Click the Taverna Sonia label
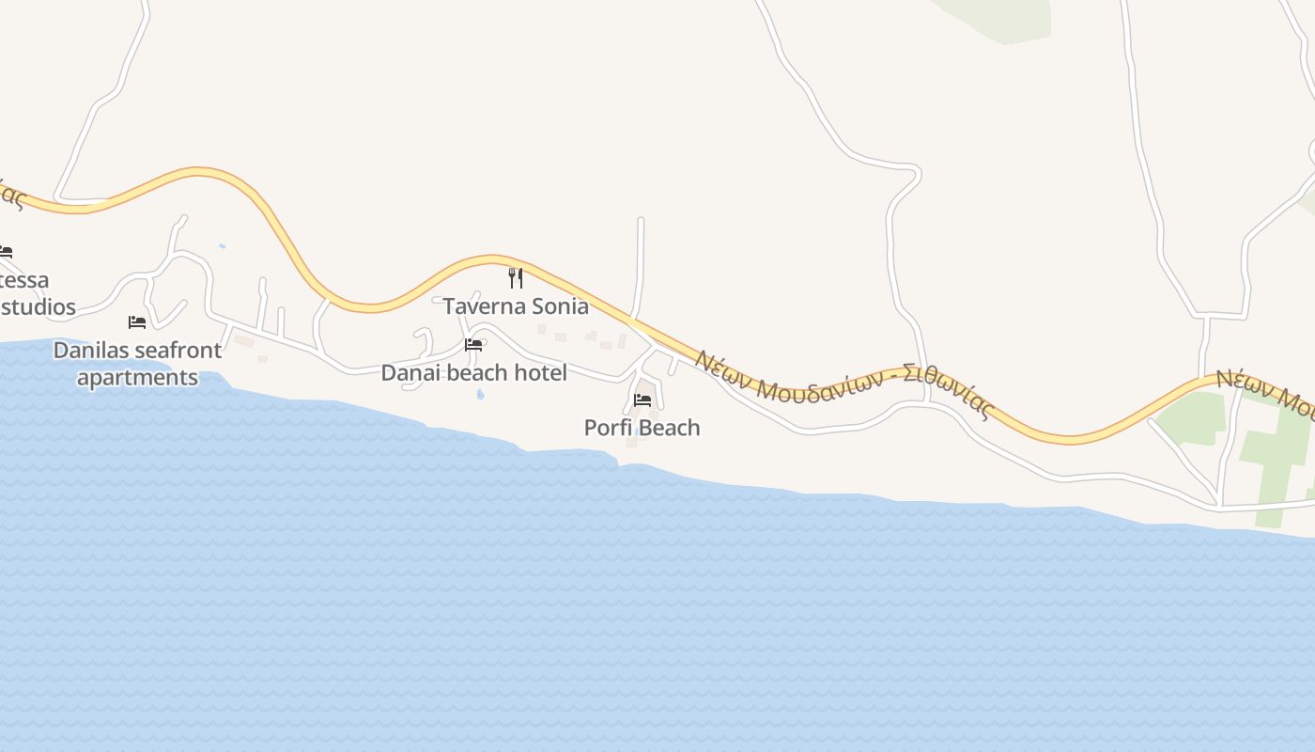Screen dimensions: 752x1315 (516, 306)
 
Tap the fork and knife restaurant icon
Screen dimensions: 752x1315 (515, 277)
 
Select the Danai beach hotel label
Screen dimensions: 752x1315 (473, 373)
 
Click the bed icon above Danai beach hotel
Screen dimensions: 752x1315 (473, 345)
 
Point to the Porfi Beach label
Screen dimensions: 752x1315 (642, 428)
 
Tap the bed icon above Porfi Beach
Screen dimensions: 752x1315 (642, 399)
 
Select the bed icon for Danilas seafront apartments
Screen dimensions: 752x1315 (137, 322)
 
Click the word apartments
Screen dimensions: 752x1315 (137, 378)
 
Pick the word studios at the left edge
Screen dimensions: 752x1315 (38, 307)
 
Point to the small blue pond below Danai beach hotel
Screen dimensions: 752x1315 (481, 395)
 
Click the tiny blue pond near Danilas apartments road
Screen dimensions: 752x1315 (222, 246)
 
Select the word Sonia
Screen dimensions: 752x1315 (560, 306)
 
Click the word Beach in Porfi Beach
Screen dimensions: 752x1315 (670, 428)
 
